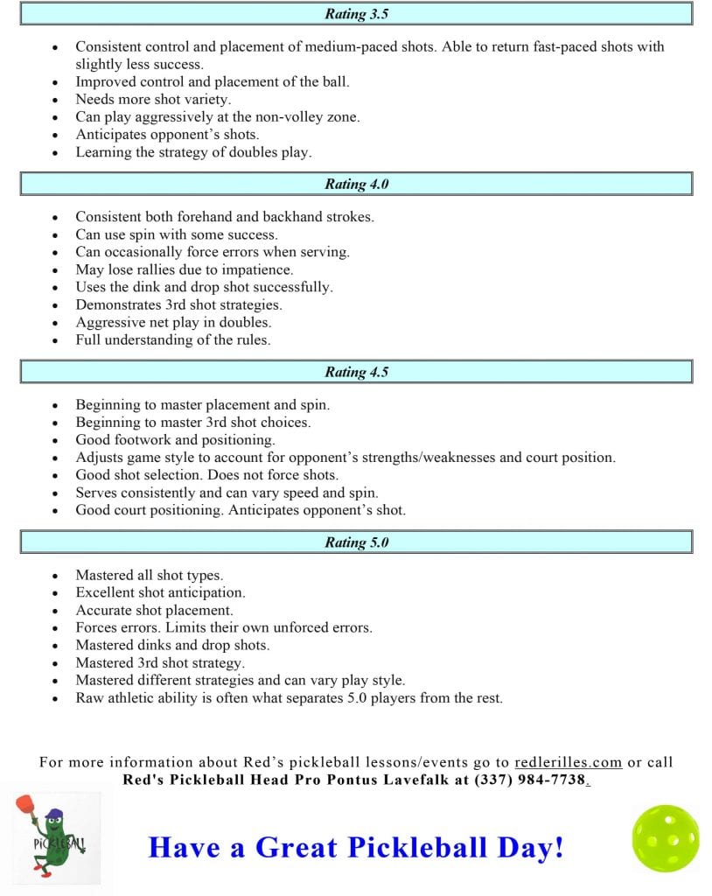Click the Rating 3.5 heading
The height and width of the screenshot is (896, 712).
[356, 14]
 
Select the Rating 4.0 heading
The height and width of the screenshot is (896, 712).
[356, 184]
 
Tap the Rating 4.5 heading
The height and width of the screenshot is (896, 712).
[356, 372]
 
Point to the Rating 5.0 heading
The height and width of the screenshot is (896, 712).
[356, 542]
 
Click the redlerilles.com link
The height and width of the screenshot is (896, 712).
[568, 762]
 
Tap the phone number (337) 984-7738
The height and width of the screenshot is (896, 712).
[528, 780]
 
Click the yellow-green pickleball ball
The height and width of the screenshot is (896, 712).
[666, 838]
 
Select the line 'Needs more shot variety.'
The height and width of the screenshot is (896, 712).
[153, 100]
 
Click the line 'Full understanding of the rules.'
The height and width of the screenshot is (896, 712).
[172, 339]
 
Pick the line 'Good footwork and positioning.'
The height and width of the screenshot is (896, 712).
[175, 440]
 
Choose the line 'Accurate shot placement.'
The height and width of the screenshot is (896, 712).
[154, 611]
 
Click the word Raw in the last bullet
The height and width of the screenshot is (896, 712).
[89, 698]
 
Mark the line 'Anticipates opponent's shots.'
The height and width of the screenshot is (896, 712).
[167, 135]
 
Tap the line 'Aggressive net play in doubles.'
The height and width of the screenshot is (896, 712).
[172, 322]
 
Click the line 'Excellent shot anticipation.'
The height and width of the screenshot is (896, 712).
[160, 593]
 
